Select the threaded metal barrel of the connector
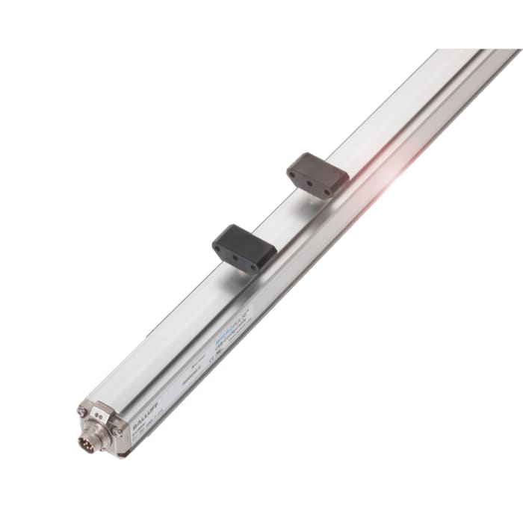pos(95,440)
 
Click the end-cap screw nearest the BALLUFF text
pos(117,431)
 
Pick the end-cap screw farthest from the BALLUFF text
pos(81,411)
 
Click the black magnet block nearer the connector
pos(244,246)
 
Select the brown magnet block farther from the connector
pos(318,175)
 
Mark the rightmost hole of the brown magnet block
pos(327,191)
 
